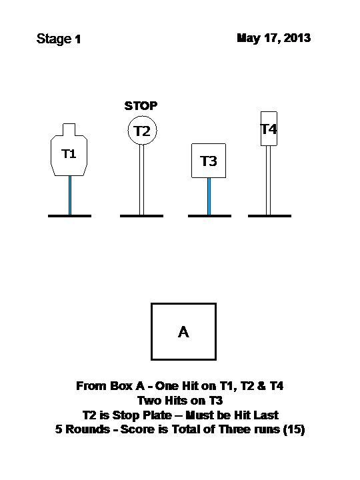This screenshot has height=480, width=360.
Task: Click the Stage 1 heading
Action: click(x=59, y=39)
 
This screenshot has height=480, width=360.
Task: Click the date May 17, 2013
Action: click(x=274, y=38)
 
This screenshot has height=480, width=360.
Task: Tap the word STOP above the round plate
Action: click(x=141, y=106)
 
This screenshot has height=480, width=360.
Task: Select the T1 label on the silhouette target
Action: click(x=69, y=154)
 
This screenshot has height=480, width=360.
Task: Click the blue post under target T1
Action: click(x=70, y=195)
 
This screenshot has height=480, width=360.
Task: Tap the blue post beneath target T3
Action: click(x=209, y=196)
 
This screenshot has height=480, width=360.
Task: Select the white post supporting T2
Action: click(x=141, y=180)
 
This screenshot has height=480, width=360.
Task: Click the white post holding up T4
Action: click(x=268, y=180)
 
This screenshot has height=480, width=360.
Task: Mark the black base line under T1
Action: click(x=69, y=216)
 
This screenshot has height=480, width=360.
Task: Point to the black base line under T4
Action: click(x=269, y=216)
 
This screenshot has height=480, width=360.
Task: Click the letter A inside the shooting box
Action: click(x=184, y=332)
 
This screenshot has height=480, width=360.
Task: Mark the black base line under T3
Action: click(x=209, y=216)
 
